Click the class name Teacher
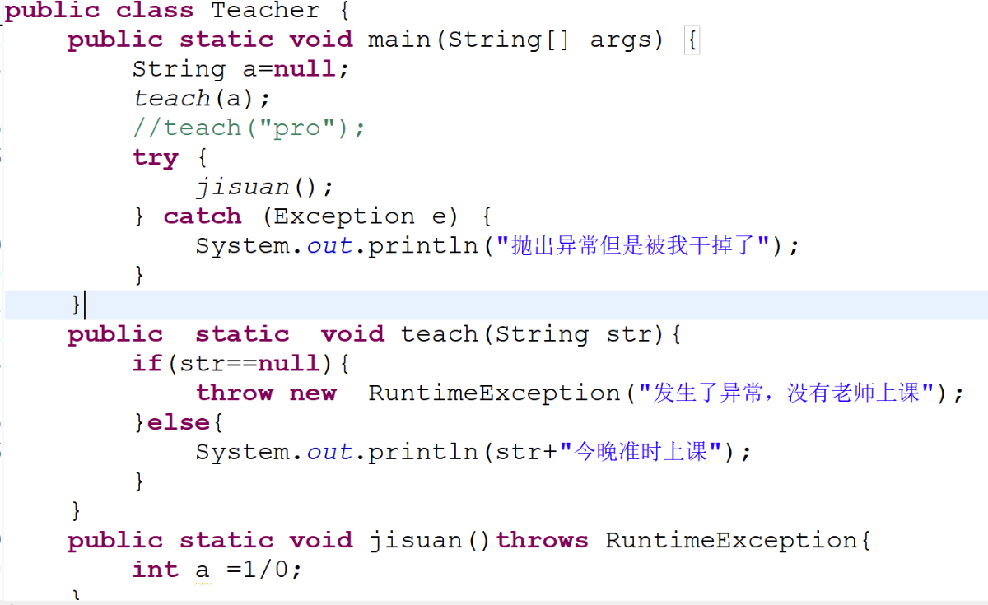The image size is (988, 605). pos(265,10)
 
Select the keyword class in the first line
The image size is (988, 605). pos(155,10)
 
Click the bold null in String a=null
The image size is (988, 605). pos(305,69)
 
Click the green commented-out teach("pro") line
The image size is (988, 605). pos(249,128)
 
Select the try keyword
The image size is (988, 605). pos(156,158)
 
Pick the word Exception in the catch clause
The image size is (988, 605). pos(344,216)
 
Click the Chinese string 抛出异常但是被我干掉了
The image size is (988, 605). pos(634,245)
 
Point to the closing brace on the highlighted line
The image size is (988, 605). pos(76,305)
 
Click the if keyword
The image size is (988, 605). pos(147,363)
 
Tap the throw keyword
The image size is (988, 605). pos(235,393)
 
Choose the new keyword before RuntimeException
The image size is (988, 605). pos(313,393)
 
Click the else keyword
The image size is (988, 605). pos(178,422)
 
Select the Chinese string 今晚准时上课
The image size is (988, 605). pos(641,452)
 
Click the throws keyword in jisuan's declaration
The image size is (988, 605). pos(542,540)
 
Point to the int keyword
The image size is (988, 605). pos(156,569)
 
